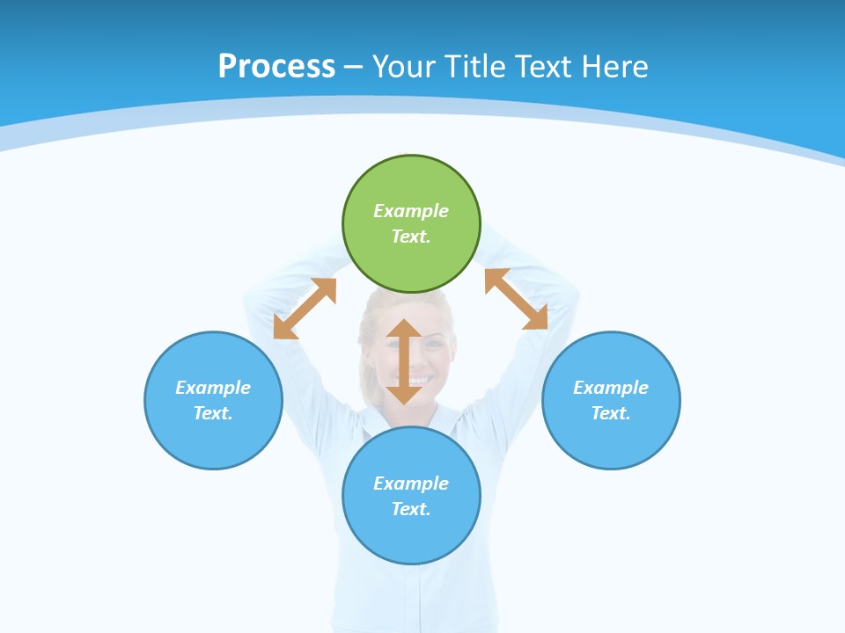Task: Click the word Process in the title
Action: pyautogui.click(x=276, y=66)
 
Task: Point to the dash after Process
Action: pyautogui.click(x=353, y=67)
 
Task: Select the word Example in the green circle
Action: pyautogui.click(x=411, y=211)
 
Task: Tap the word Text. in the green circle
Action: pyautogui.click(x=411, y=236)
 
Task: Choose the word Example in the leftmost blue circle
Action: pyautogui.click(x=213, y=388)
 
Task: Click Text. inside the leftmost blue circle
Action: pyautogui.click(x=213, y=413)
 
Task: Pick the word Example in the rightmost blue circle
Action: pyautogui.click(x=611, y=388)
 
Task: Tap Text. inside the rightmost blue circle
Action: pyautogui.click(x=611, y=413)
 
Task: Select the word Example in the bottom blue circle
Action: pyautogui.click(x=411, y=484)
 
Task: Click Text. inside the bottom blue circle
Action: pyautogui.click(x=411, y=509)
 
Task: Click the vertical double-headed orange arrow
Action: pyautogui.click(x=404, y=361)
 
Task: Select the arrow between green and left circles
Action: pyautogui.click(x=305, y=309)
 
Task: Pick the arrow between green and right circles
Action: pyautogui.click(x=516, y=299)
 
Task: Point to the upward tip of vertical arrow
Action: pyautogui.click(x=404, y=323)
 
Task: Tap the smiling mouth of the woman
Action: pyautogui.click(x=418, y=381)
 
